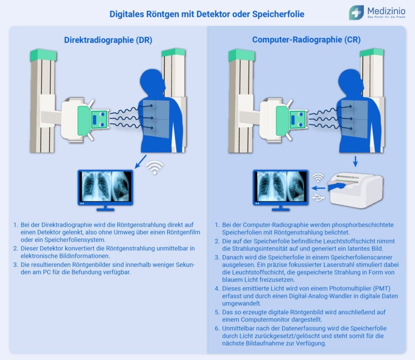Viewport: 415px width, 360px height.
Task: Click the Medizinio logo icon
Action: (356, 12)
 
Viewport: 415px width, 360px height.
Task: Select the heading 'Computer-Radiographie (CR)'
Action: (306, 40)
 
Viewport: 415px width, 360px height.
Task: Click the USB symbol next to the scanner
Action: (318, 198)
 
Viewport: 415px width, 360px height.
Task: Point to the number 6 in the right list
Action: (217, 328)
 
